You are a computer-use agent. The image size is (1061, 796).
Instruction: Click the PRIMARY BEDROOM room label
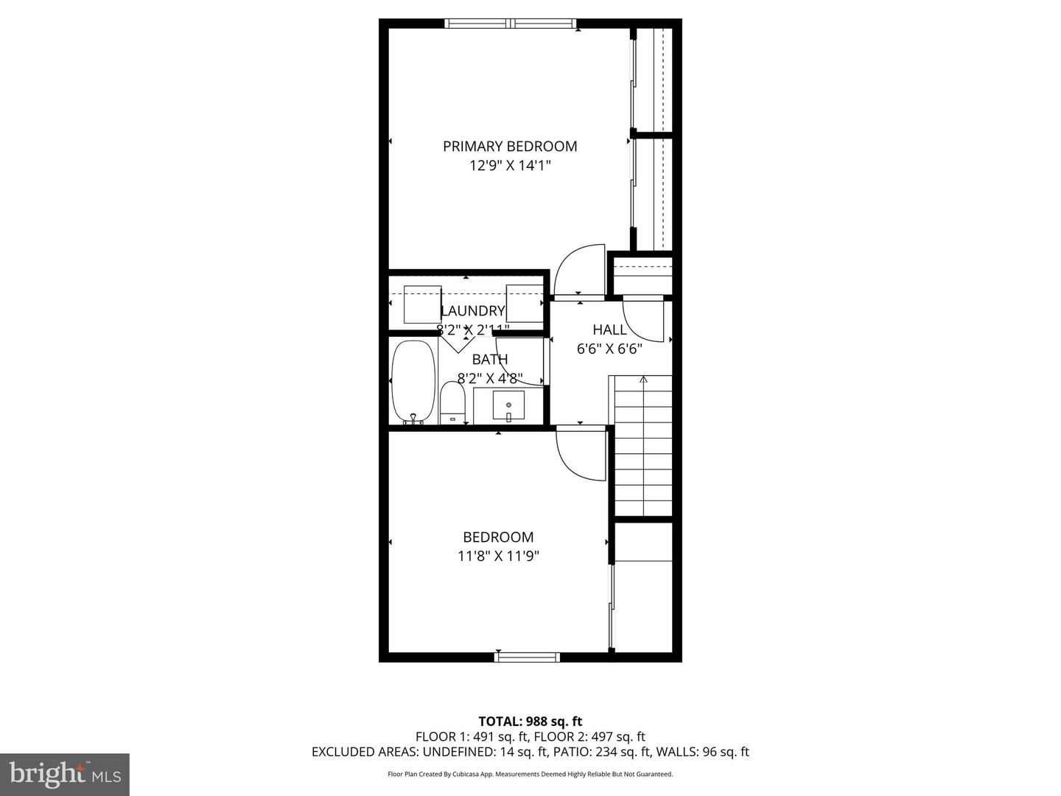pyautogui.click(x=510, y=146)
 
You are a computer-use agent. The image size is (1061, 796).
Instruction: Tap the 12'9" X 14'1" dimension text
pyautogui.click(x=510, y=166)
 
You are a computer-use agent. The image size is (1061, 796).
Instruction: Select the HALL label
pyautogui.click(x=609, y=329)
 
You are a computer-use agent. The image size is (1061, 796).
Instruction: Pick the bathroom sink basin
pyautogui.click(x=508, y=405)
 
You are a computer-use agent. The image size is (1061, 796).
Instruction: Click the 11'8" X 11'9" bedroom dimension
pyautogui.click(x=498, y=556)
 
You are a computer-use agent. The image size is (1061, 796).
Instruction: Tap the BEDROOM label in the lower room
pyautogui.click(x=498, y=537)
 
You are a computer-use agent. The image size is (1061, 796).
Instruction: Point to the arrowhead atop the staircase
pyautogui.click(x=643, y=380)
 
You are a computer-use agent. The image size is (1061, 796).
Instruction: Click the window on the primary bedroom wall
pyautogui.click(x=511, y=23)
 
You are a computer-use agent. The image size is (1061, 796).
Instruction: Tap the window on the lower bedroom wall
pyautogui.click(x=527, y=657)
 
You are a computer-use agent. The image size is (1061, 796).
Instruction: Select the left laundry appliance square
pyautogui.click(x=422, y=304)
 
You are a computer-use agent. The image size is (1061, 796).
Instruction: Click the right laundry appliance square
pyautogui.click(x=525, y=304)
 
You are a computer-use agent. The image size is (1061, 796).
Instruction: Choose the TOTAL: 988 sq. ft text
pyautogui.click(x=530, y=722)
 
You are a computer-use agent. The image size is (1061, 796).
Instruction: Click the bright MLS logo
pyautogui.click(x=65, y=775)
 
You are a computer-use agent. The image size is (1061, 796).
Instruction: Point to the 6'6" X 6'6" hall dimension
pyautogui.click(x=609, y=349)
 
